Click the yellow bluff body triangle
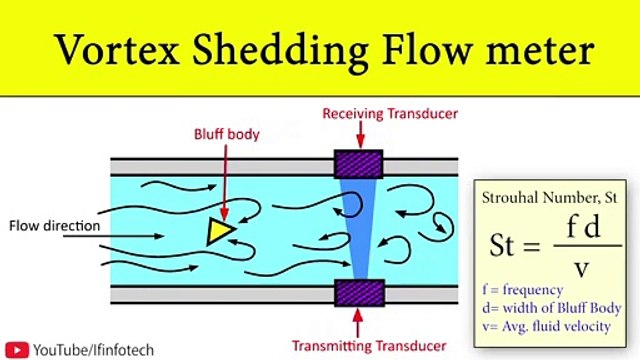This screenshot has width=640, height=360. click(x=219, y=231)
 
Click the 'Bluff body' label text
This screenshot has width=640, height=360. click(x=226, y=133)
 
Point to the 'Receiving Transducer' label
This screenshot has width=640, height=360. click(x=390, y=114)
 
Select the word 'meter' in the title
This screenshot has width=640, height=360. click(x=536, y=48)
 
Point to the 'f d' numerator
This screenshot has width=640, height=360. click(x=577, y=229)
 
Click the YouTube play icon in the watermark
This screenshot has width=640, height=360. click(x=18, y=349)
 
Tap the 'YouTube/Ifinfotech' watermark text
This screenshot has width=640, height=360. click(x=86, y=349)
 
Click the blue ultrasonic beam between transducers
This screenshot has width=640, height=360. click(x=355, y=229)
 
